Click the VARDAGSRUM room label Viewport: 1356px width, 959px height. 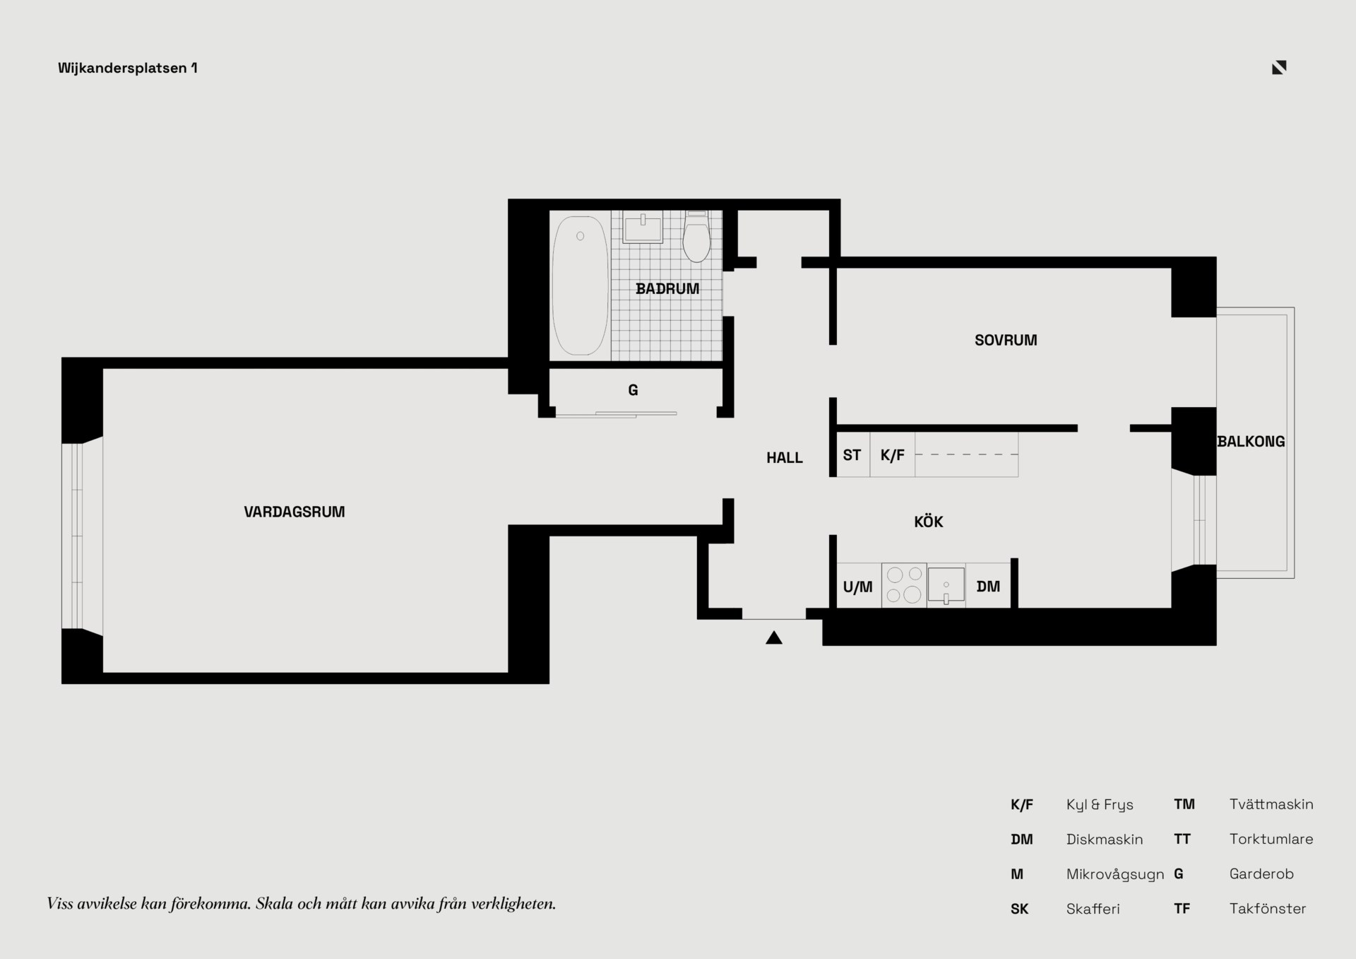coord(295,512)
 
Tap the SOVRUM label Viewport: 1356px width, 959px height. coord(1006,340)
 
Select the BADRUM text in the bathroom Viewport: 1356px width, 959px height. coord(667,288)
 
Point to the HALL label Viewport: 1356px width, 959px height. coord(785,458)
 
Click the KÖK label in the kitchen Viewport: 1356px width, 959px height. coord(929,522)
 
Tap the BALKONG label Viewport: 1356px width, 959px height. coord(1251,442)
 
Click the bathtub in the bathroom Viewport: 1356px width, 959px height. coord(580,286)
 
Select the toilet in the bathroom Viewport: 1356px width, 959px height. coord(696,237)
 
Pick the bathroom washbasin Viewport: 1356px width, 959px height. coord(643,228)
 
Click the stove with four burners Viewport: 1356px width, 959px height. coord(904,585)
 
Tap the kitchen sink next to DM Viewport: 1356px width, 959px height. coord(946,585)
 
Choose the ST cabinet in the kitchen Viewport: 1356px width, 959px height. coord(852,455)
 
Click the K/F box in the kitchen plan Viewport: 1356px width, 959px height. coord(893,455)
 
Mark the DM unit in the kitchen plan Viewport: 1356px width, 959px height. coord(988,585)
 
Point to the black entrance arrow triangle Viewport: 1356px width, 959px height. coord(774,638)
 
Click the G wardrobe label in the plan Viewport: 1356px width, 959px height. coord(633,390)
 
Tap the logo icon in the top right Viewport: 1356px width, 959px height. coord(1279,67)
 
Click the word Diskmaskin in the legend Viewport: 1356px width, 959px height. coord(1105,840)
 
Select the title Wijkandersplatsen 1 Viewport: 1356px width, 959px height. coord(128,68)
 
